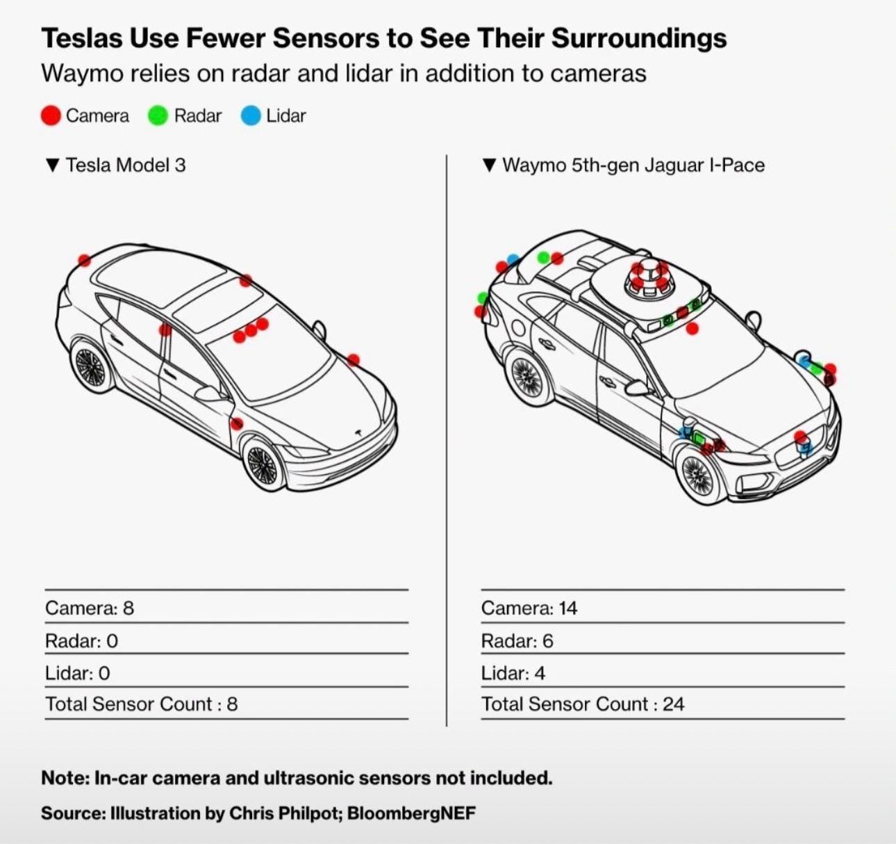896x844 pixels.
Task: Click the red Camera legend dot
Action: click(51, 115)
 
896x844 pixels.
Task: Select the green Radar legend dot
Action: click(158, 115)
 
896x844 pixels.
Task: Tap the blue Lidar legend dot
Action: click(251, 115)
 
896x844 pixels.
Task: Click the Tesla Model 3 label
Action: click(125, 165)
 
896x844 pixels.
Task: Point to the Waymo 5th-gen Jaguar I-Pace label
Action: click(633, 165)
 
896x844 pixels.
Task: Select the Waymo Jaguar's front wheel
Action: click(697, 475)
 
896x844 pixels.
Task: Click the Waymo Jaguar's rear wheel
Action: click(528, 376)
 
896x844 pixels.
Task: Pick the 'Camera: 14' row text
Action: click(529, 608)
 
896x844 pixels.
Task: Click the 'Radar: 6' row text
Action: click(517, 641)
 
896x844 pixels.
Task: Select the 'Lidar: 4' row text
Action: click(513, 673)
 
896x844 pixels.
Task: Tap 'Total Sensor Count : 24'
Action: click(583, 704)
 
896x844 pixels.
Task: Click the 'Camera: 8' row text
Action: click(90, 608)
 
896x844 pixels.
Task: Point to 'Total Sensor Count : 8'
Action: click(142, 704)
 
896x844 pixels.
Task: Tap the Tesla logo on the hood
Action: click(358, 432)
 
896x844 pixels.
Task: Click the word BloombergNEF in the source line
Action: click(411, 813)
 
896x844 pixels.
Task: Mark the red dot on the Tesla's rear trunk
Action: click(84, 261)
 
